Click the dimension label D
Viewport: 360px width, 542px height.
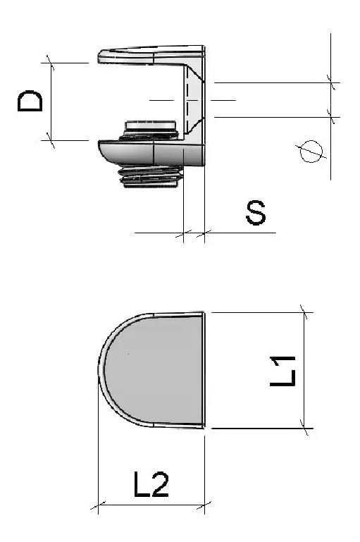point(30,101)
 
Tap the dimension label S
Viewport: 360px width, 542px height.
point(256,212)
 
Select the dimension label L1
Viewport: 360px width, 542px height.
point(283,371)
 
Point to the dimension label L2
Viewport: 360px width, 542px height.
point(151,485)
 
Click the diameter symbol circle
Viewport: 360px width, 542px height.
point(311,152)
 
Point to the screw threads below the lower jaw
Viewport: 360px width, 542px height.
point(151,177)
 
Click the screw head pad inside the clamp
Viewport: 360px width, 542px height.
point(151,126)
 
